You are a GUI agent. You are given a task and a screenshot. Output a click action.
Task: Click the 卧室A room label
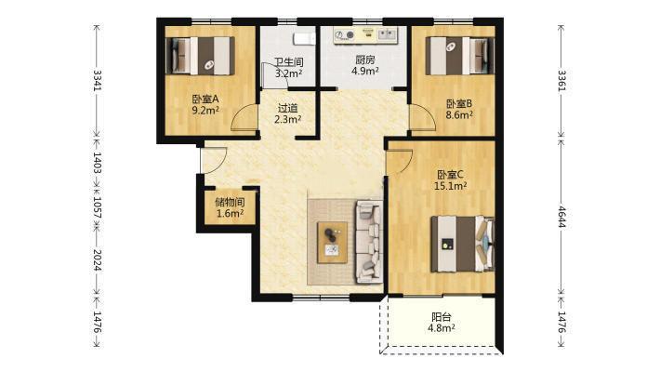pos(205,100)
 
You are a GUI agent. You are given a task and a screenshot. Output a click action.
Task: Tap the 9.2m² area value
pos(205,111)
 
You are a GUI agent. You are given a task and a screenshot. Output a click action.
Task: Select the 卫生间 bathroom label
pos(289,62)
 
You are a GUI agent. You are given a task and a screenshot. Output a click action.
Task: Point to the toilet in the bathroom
pos(304,39)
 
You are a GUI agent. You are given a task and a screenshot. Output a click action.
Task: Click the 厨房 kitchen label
pos(365,60)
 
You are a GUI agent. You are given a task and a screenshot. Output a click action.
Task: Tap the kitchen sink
pos(387,34)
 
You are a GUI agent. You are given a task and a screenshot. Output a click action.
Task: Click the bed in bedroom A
pos(201,56)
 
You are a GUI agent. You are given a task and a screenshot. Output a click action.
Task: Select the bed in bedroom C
pos(463,244)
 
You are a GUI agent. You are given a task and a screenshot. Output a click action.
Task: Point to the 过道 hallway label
pos(288,108)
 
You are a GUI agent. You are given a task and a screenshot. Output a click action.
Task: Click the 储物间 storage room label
pos(230,202)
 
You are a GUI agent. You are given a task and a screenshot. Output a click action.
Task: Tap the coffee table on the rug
pos(332,242)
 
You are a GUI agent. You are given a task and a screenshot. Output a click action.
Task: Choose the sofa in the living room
pos(370,242)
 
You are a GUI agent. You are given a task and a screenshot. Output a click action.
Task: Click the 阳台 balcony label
pos(442,317)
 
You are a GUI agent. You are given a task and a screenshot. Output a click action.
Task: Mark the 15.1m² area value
pos(451,186)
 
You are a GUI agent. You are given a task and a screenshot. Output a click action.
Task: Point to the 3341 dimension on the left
pos(98,80)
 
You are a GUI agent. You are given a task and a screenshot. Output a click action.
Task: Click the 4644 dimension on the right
pos(561,217)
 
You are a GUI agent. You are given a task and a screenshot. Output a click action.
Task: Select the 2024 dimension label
pos(98,260)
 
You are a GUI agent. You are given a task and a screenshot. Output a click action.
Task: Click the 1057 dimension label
pos(98,207)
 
